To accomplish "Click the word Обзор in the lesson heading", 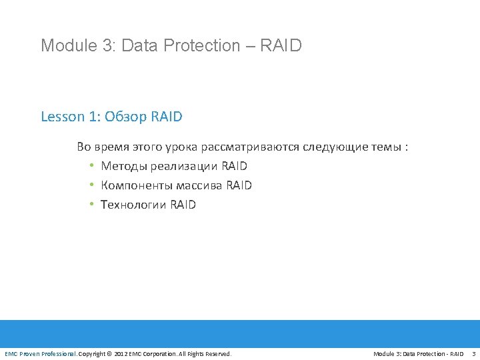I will click(x=125, y=117).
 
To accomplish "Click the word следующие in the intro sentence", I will click(x=335, y=147).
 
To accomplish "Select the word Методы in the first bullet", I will click(x=124, y=166).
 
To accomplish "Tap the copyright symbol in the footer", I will click(x=110, y=353).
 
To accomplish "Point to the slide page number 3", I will click(x=473, y=353).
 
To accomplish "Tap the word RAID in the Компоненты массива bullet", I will click(x=239, y=185).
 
